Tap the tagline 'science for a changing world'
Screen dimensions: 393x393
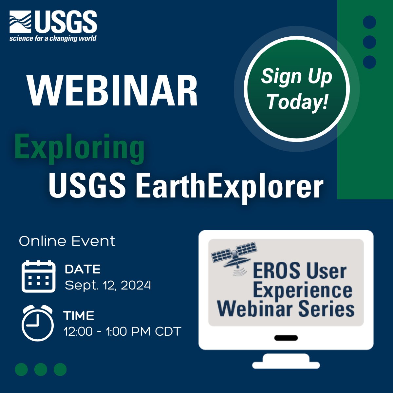click(x=53, y=39)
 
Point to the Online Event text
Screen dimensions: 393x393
click(x=67, y=241)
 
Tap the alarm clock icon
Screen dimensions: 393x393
click(x=37, y=323)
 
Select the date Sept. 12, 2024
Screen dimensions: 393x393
click(x=108, y=285)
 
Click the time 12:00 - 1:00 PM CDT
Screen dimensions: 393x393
click(x=122, y=331)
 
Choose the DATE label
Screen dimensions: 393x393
click(x=83, y=269)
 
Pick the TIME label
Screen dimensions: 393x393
click(x=79, y=316)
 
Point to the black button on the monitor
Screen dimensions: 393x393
click(x=286, y=338)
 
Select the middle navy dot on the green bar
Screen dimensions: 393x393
click(x=369, y=42)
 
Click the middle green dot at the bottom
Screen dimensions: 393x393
click(x=41, y=369)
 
